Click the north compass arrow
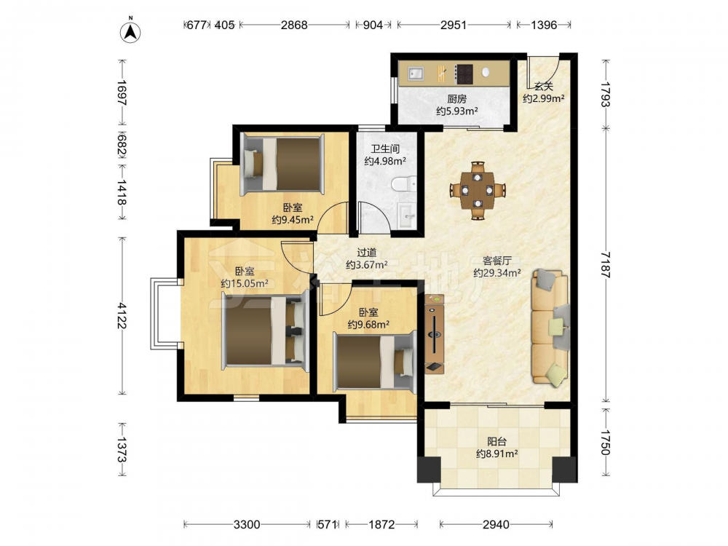(x=131, y=31)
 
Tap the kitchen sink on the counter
(x=416, y=74)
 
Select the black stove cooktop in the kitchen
(x=464, y=74)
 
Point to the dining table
(x=478, y=190)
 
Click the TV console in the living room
(x=434, y=334)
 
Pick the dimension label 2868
(x=294, y=25)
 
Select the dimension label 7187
(x=606, y=265)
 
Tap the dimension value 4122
(x=122, y=316)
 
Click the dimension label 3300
(x=247, y=525)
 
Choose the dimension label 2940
(x=496, y=525)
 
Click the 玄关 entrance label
(x=544, y=87)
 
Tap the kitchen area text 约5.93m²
(x=457, y=111)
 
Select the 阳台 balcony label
(x=496, y=442)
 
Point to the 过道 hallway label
(x=367, y=253)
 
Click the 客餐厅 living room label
(x=496, y=261)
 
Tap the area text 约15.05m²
(x=245, y=284)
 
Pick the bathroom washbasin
(x=408, y=215)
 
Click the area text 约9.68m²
(x=368, y=325)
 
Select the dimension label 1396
(x=544, y=25)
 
